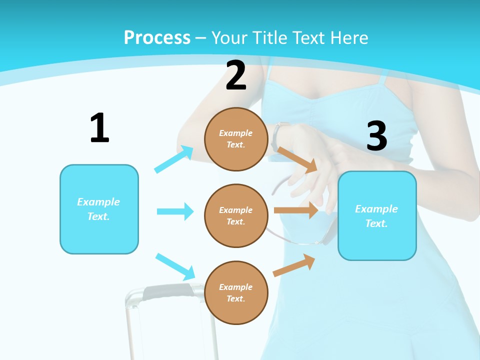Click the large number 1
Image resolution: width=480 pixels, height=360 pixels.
pos(99,128)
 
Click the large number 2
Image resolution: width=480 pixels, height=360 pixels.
pos(236,76)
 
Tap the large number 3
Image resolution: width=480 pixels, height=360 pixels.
pos(376,136)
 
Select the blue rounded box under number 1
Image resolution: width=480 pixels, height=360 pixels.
pos(99,209)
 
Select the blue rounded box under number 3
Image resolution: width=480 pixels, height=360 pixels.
pos(377,215)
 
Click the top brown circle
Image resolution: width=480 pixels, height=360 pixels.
pos(236,139)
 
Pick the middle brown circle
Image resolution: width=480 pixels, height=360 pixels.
pos(236,215)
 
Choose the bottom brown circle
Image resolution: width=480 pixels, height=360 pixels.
pos(236,292)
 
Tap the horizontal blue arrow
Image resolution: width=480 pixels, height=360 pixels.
pos(175,211)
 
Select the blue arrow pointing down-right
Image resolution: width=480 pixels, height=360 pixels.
pos(175,266)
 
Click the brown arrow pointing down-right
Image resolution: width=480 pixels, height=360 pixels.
pos(297,159)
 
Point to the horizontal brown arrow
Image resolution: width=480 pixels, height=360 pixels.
pos(296,210)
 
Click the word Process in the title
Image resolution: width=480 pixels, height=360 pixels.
pos(157,37)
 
